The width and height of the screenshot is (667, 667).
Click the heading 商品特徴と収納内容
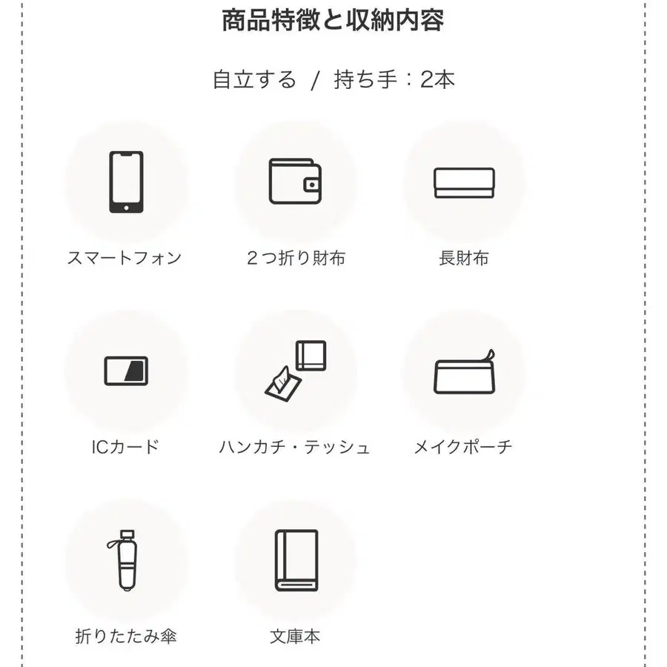pyautogui.click(x=333, y=20)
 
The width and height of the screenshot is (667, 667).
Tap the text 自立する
pyautogui.click(x=254, y=79)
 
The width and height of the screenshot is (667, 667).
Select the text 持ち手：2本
pyautogui.click(x=394, y=79)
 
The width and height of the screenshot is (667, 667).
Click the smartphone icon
pyautogui.click(x=126, y=182)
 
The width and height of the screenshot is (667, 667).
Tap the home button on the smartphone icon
pyautogui.click(x=126, y=208)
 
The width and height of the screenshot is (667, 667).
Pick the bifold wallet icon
pyautogui.click(x=295, y=182)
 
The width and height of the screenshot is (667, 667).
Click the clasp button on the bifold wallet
pyautogui.click(x=313, y=185)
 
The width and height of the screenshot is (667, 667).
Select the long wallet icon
pyautogui.click(x=464, y=183)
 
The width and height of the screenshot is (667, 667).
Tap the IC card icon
pyautogui.click(x=126, y=371)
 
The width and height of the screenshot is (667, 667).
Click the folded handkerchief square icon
pyautogui.click(x=311, y=355)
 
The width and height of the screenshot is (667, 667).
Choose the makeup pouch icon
pyautogui.click(x=465, y=373)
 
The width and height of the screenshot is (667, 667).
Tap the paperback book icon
pyautogui.click(x=296, y=560)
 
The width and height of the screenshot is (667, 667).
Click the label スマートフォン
pyautogui.click(x=125, y=258)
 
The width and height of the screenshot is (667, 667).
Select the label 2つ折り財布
pyautogui.click(x=296, y=258)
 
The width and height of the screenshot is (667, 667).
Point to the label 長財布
pyautogui.click(x=464, y=258)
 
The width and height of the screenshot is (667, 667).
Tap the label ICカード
pyautogui.click(x=125, y=447)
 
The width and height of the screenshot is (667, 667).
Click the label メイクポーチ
pyautogui.click(x=463, y=447)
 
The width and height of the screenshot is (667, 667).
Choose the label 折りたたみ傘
pyautogui.click(x=126, y=637)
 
